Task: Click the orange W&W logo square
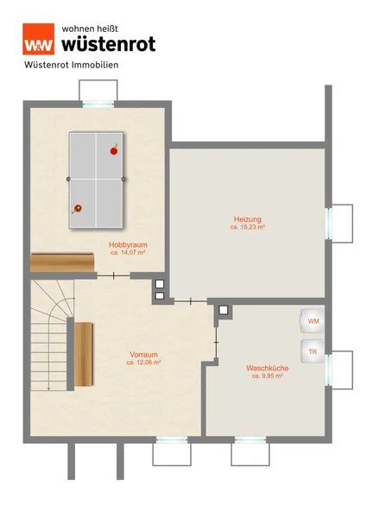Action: [x=38, y=39]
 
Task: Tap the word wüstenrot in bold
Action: [x=109, y=44]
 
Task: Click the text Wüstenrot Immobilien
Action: [x=72, y=65]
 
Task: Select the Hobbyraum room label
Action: [x=128, y=245]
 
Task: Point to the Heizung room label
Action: [x=248, y=219]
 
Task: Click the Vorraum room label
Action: [x=143, y=355]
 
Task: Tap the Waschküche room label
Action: [x=268, y=368]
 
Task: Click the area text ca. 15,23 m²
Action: [x=248, y=227]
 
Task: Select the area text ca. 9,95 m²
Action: [x=268, y=376]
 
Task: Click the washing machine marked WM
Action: [x=312, y=321]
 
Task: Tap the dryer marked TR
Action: [x=312, y=351]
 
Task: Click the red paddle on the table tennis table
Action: [x=114, y=150]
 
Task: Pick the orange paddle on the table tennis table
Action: [x=77, y=209]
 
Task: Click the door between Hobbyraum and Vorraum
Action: [x=114, y=275]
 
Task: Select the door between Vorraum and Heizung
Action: [x=191, y=301]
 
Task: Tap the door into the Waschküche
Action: [x=217, y=342]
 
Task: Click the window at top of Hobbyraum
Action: [x=98, y=104]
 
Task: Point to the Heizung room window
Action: [x=329, y=224]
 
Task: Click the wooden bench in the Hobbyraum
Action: [x=62, y=262]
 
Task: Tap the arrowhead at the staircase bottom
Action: [x=48, y=388]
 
